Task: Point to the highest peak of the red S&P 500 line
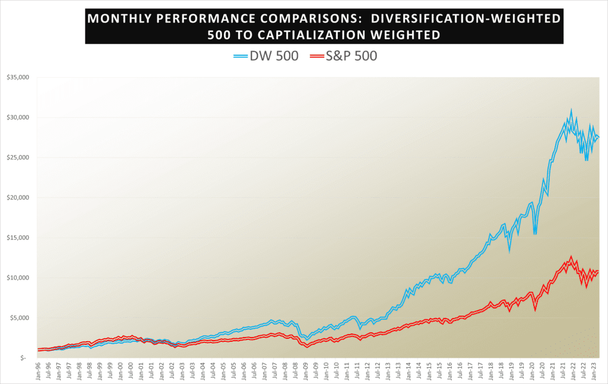[571, 257]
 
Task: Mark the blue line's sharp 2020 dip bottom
[535, 233]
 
